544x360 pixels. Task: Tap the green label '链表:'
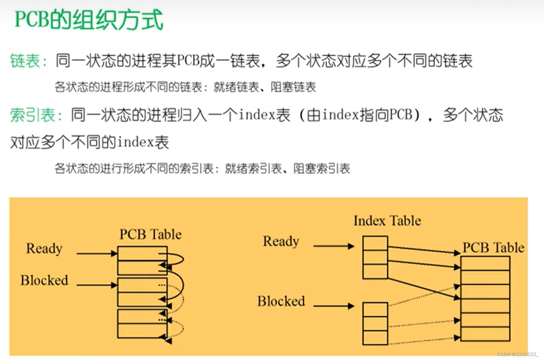pyautogui.click(x=28, y=61)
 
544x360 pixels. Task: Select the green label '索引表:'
pyautogui.click(x=36, y=115)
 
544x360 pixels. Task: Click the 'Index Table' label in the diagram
pyautogui.click(x=387, y=221)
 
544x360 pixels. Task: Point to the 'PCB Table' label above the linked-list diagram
pyautogui.click(x=150, y=235)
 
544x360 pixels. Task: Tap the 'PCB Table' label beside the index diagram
pyautogui.click(x=493, y=248)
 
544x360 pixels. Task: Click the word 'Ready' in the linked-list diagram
pyautogui.click(x=44, y=248)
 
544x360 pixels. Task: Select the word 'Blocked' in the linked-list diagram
pyautogui.click(x=44, y=280)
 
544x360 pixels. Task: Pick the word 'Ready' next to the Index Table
pyautogui.click(x=281, y=241)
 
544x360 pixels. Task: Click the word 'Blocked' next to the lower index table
pyautogui.click(x=281, y=301)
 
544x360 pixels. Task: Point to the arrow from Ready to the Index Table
pyautogui.click(x=333, y=246)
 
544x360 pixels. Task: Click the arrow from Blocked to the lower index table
pyautogui.click(x=333, y=306)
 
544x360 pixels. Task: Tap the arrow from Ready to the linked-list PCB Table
pyautogui.click(x=97, y=253)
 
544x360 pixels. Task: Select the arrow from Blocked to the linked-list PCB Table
pyautogui.click(x=97, y=285)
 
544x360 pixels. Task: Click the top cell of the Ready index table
pyautogui.click(x=375, y=243)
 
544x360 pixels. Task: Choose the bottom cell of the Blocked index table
pyautogui.click(x=375, y=337)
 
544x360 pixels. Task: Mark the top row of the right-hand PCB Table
pyautogui.click(x=485, y=263)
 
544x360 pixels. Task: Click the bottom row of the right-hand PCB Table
pyautogui.click(x=485, y=334)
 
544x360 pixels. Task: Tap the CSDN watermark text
pyautogui.click(x=517, y=354)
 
